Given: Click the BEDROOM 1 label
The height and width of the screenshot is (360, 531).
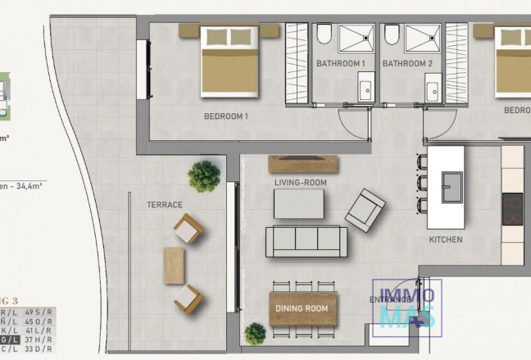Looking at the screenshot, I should [x=225, y=116].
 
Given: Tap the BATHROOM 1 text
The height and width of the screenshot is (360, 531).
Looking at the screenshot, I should [x=340, y=63].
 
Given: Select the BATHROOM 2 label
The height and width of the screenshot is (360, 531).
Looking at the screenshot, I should [x=407, y=63].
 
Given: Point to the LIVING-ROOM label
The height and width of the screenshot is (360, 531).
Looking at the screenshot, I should [x=298, y=182].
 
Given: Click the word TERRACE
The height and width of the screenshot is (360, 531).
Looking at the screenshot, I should [x=164, y=204].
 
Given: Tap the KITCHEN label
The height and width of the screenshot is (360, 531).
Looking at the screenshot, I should [x=446, y=240].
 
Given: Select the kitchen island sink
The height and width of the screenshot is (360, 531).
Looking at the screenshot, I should [x=452, y=187].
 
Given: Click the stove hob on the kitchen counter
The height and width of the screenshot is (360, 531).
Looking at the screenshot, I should [x=512, y=209].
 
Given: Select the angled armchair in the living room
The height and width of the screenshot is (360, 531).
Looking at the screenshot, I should [x=365, y=210].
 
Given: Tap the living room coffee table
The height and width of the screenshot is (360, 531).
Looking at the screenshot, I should [x=298, y=204].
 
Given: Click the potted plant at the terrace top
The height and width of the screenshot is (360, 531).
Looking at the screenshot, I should [x=204, y=175].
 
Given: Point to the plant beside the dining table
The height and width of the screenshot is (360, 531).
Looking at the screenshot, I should [x=255, y=333].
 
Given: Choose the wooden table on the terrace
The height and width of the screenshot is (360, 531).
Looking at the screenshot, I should [x=174, y=266].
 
